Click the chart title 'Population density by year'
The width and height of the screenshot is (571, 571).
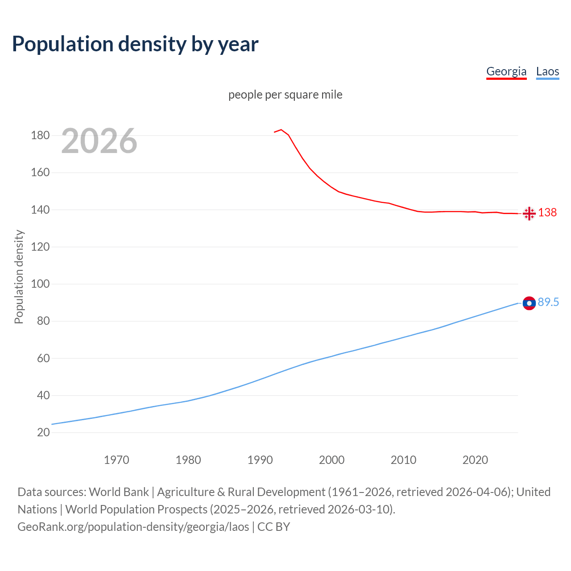(x=135, y=44)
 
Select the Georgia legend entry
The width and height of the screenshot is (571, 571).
(x=506, y=71)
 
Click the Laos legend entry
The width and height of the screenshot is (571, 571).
(x=547, y=71)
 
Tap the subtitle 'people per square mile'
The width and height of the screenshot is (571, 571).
(x=285, y=95)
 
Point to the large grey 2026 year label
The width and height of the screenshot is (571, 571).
(x=99, y=141)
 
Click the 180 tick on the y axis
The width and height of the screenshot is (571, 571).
(x=40, y=135)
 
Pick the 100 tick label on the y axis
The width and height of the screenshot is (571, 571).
(x=40, y=284)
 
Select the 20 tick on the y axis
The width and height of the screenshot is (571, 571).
(x=43, y=433)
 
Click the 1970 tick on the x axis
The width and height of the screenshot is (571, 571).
(x=116, y=460)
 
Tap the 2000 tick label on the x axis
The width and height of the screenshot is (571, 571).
(x=331, y=460)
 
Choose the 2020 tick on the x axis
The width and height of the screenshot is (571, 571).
(x=475, y=460)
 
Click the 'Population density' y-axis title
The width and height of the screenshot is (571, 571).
(x=19, y=277)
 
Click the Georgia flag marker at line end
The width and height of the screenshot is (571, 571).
(x=529, y=214)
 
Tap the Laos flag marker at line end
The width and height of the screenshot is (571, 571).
(x=529, y=303)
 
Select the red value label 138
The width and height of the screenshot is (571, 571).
(x=547, y=212)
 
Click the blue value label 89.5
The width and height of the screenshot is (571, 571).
(x=548, y=302)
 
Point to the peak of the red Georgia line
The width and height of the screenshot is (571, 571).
(x=281, y=130)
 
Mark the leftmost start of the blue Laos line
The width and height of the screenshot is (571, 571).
(x=52, y=424)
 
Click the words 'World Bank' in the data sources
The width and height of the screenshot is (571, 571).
(x=119, y=492)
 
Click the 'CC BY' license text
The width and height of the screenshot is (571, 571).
(x=273, y=527)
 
